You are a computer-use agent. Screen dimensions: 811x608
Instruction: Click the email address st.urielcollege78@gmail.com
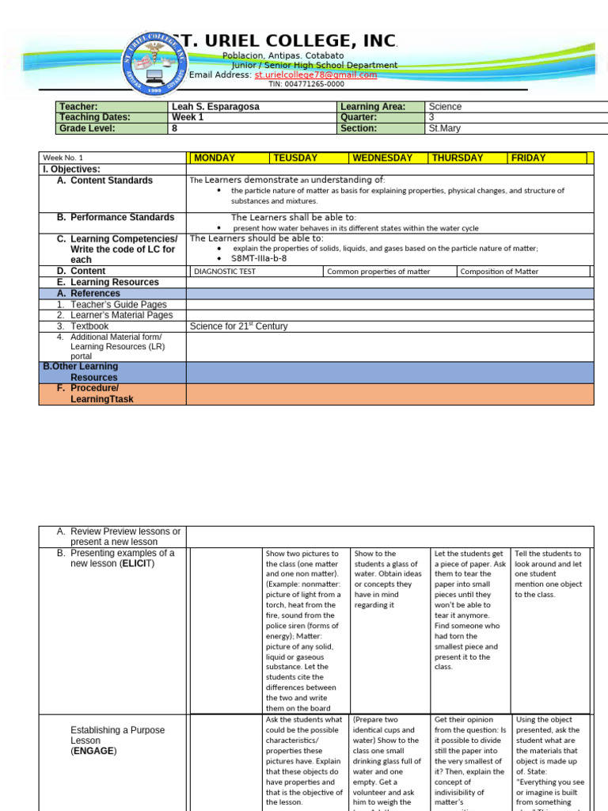coord(315,74)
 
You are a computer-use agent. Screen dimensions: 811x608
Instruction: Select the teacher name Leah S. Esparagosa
coord(215,106)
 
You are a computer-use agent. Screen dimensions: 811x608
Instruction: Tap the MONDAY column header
coord(215,158)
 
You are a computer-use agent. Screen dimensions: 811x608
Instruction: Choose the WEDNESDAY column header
coord(382,158)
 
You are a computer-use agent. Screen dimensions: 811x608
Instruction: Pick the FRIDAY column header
coord(529,158)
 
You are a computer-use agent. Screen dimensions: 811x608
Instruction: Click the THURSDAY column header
coord(458,158)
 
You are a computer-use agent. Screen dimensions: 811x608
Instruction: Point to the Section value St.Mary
coord(444,128)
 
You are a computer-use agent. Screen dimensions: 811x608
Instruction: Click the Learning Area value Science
coord(445,106)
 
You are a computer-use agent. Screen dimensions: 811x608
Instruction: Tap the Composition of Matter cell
coord(499,272)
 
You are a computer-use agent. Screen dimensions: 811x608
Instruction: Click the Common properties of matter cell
coord(379,272)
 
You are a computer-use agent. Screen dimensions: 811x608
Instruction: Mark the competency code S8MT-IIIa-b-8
coord(259,258)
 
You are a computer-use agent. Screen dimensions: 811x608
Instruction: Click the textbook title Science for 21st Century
coord(239,326)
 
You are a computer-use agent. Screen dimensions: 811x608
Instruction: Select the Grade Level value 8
coord(174,128)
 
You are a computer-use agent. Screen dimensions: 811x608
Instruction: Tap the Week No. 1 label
coord(63,158)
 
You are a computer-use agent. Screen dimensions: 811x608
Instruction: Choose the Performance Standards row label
coord(122,217)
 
